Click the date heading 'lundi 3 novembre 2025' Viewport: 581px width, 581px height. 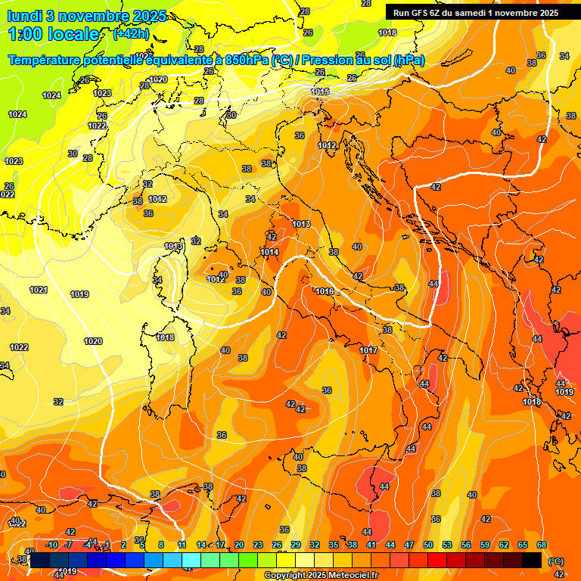click(87, 16)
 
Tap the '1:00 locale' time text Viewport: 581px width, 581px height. click(53, 34)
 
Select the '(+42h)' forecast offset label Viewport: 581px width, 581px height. click(131, 34)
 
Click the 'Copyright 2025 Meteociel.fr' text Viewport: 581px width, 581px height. click(321, 576)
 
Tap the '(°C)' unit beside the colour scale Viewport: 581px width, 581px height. click(555, 561)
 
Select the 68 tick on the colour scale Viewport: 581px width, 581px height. click(542, 545)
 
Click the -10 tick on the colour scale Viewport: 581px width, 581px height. click(51, 545)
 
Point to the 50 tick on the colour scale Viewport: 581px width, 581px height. click(428, 545)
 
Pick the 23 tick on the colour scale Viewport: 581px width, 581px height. click(258, 545)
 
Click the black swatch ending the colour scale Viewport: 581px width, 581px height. click(532, 560)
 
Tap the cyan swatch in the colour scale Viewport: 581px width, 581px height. click(191, 560)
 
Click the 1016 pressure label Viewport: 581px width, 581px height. click(325, 291)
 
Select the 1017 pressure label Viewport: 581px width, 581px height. click(368, 350)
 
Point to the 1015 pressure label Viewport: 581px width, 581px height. click(320, 92)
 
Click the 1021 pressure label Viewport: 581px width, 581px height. click(39, 290)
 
